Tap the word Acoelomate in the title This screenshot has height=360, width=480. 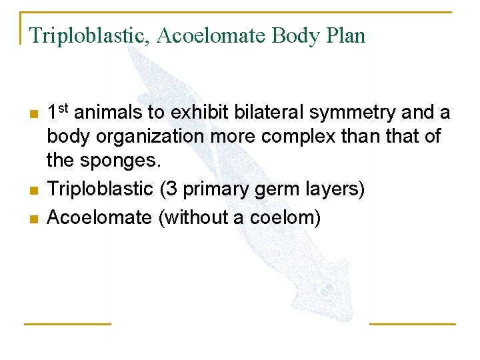211,35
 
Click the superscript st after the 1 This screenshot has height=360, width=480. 63,108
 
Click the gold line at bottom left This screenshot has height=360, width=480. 67,324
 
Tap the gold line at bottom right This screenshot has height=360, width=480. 413,324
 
